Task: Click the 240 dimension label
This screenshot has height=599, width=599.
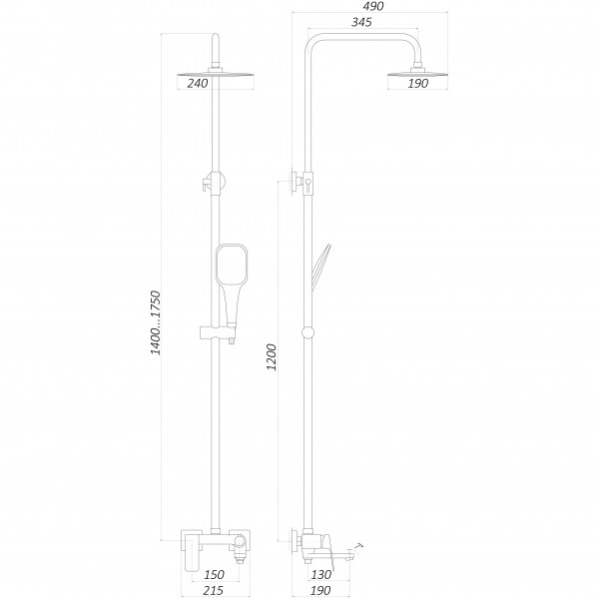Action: (x=197, y=84)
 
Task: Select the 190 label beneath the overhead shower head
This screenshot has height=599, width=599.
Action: (x=417, y=84)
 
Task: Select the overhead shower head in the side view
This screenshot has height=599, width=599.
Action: (x=415, y=69)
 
